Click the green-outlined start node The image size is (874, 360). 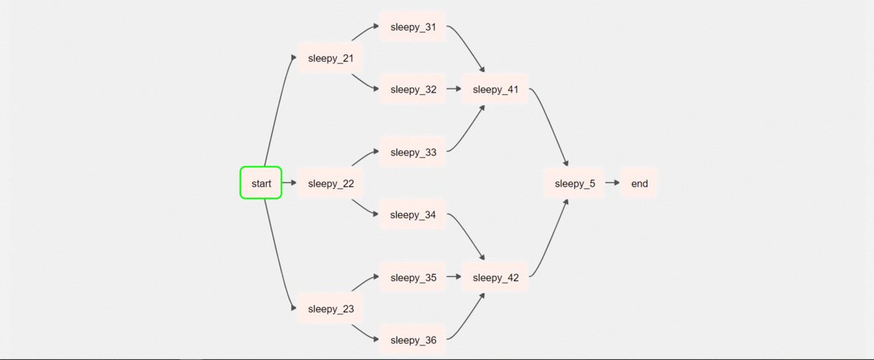point(261,183)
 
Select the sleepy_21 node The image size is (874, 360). point(331,58)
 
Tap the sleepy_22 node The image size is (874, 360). point(331,183)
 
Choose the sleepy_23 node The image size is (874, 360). point(331,309)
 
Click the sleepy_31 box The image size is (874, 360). point(413,27)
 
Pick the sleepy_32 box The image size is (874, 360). point(413,90)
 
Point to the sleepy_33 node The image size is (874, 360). point(413,152)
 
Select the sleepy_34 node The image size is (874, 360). point(413,215)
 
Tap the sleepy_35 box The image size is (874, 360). point(413,278)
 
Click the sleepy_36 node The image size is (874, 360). point(413,340)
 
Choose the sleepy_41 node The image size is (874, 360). point(495,90)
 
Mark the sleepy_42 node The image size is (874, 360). point(495,278)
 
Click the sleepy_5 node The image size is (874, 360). point(575,183)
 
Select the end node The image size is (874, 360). point(640,183)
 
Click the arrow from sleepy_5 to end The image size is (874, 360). point(612,183)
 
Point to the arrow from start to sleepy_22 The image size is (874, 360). point(289,183)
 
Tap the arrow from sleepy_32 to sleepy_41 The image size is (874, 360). point(454,90)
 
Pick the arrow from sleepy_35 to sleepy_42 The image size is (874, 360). point(454,278)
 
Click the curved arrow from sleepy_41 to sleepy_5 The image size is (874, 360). point(550,125)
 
